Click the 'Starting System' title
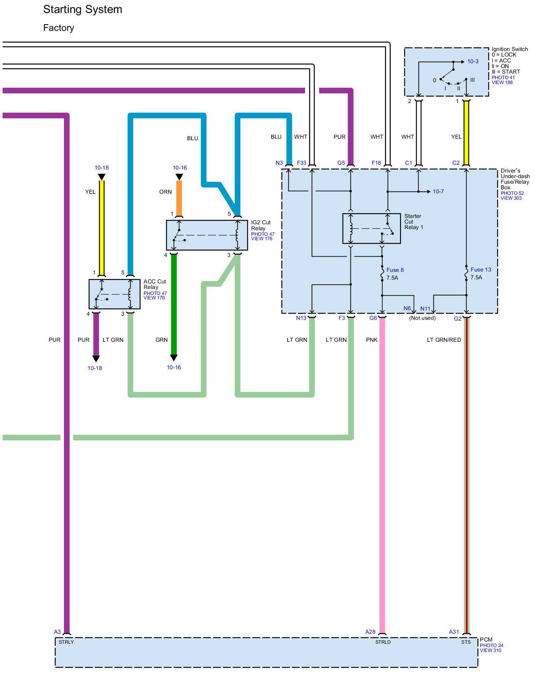coord(83,10)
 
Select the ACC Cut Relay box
coord(114,294)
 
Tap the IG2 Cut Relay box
coord(206,235)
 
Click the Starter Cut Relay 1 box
coord(371,228)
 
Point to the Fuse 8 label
coord(395,270)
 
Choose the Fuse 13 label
coord(480,270)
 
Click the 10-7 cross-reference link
coord(438,192)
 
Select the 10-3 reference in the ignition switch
coord(472,61)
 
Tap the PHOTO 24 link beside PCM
coord(491,645)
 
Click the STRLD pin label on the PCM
coord(383,642)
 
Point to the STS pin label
coord(466,642)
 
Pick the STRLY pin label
coord(66,642)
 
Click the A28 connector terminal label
coord(370,632)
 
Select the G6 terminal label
coord(373,318)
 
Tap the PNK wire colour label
coord(372,340)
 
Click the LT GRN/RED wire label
coord(444,340)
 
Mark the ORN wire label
coord(165,192)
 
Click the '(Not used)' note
coord(422,318)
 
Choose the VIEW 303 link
coord(511,198)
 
